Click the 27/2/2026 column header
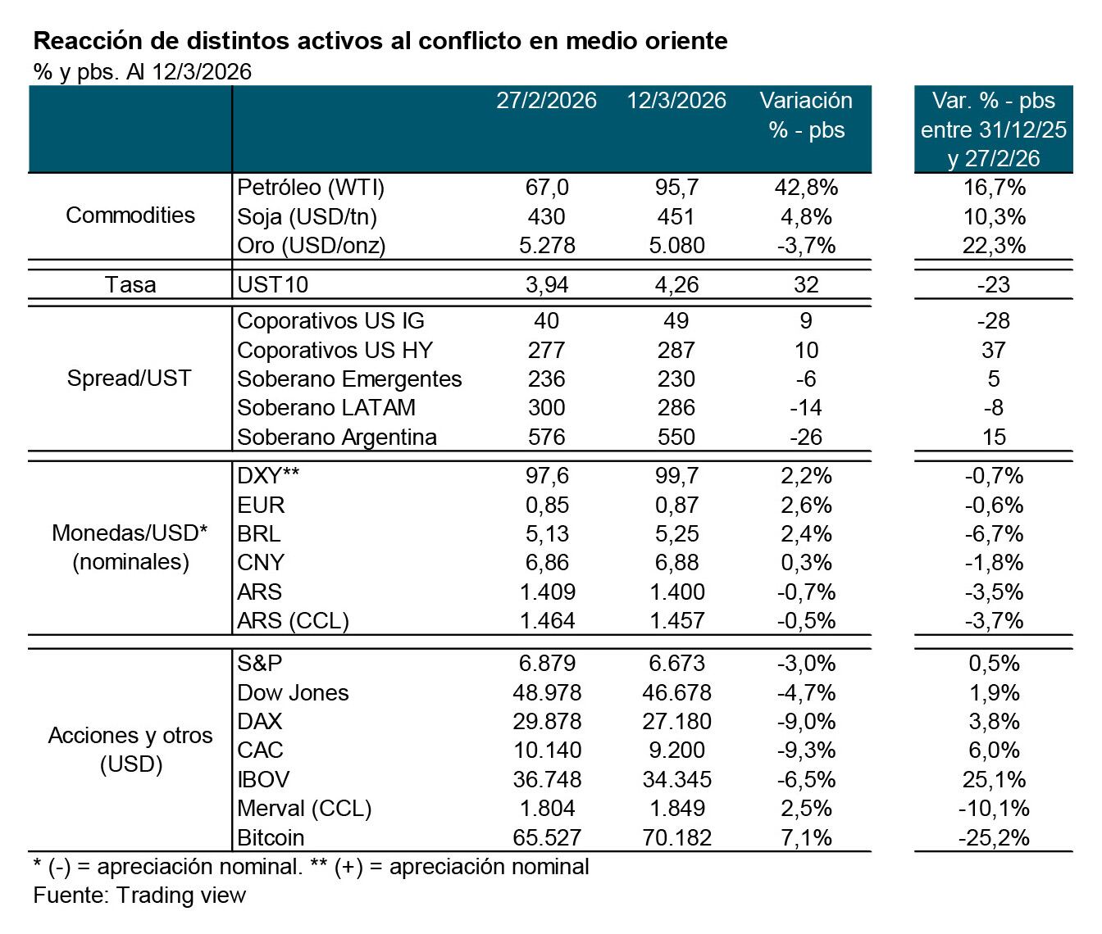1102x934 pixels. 546,101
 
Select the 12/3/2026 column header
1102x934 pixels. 676,101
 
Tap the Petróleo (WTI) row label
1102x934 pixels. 311,188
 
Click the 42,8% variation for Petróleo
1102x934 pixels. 806,188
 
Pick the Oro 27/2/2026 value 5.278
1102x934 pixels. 547,245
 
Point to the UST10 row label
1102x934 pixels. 273,284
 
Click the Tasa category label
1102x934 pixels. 130,284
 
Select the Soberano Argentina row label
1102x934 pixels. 337,437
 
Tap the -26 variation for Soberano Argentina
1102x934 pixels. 806,437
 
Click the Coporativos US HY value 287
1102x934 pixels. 676,350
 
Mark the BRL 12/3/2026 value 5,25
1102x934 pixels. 676,533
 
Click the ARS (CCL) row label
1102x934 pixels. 293,620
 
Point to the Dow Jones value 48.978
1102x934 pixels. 547,692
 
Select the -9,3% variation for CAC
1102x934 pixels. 806,750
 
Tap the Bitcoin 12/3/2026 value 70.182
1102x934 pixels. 676,837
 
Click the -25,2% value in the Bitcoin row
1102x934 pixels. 993,837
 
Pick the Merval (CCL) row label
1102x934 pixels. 304,809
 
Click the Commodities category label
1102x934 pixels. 130,215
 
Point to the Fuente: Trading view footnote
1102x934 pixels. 139,895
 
